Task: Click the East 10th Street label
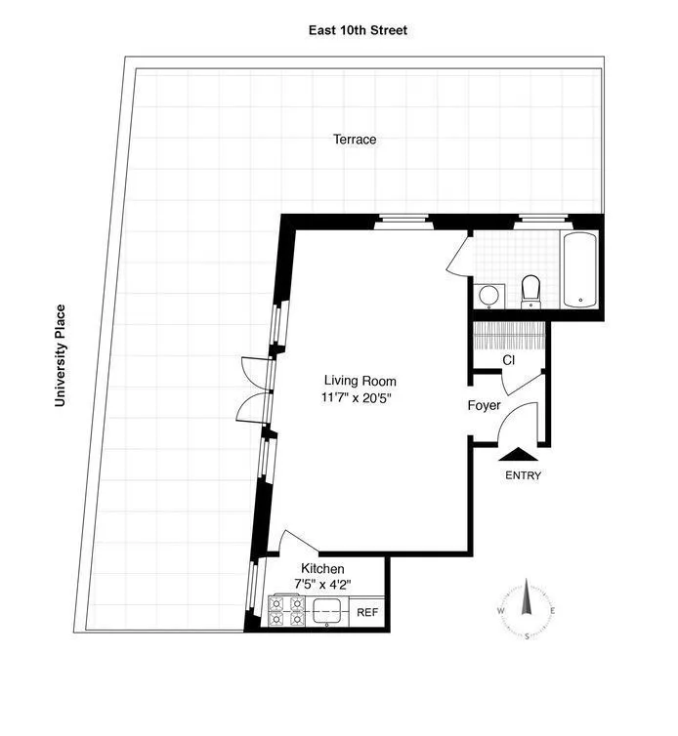point(354,30)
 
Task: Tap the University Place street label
point(61,355)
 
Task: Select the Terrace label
point(354,140)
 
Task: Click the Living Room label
point(360,381)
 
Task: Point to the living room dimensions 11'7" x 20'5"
point(360,397)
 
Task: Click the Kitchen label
point(322,569)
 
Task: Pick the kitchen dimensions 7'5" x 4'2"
point(322,585)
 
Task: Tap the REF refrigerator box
point(367,613)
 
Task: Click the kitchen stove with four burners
point(286,611)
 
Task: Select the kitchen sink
point(327,612)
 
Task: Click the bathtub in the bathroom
point(580,269)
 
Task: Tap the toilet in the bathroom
point(531,290)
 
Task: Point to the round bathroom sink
point(488,294)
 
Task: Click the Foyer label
point(484,405)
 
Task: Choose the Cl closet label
point(508,359)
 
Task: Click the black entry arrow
point(517,452)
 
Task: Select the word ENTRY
point(523,476)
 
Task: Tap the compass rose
point(527,610)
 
